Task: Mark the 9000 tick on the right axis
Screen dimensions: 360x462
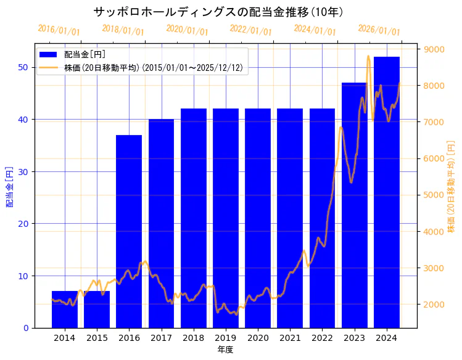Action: (x=434, y=49)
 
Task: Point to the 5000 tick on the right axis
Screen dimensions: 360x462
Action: (x=434, y=195)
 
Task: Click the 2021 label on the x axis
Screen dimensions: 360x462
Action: (x=290, y=338)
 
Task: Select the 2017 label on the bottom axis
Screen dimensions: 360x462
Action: (x=161, y=338)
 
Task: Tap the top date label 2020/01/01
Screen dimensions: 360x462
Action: (x=187, y=30)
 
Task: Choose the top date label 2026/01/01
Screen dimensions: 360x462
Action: (x=379, y=30)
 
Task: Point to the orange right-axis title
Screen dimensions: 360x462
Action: (x=451, y=186)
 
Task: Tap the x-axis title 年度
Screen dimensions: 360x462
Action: (x=225, y=350)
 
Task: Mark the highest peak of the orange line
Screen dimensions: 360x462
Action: (x=368, y=56)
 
